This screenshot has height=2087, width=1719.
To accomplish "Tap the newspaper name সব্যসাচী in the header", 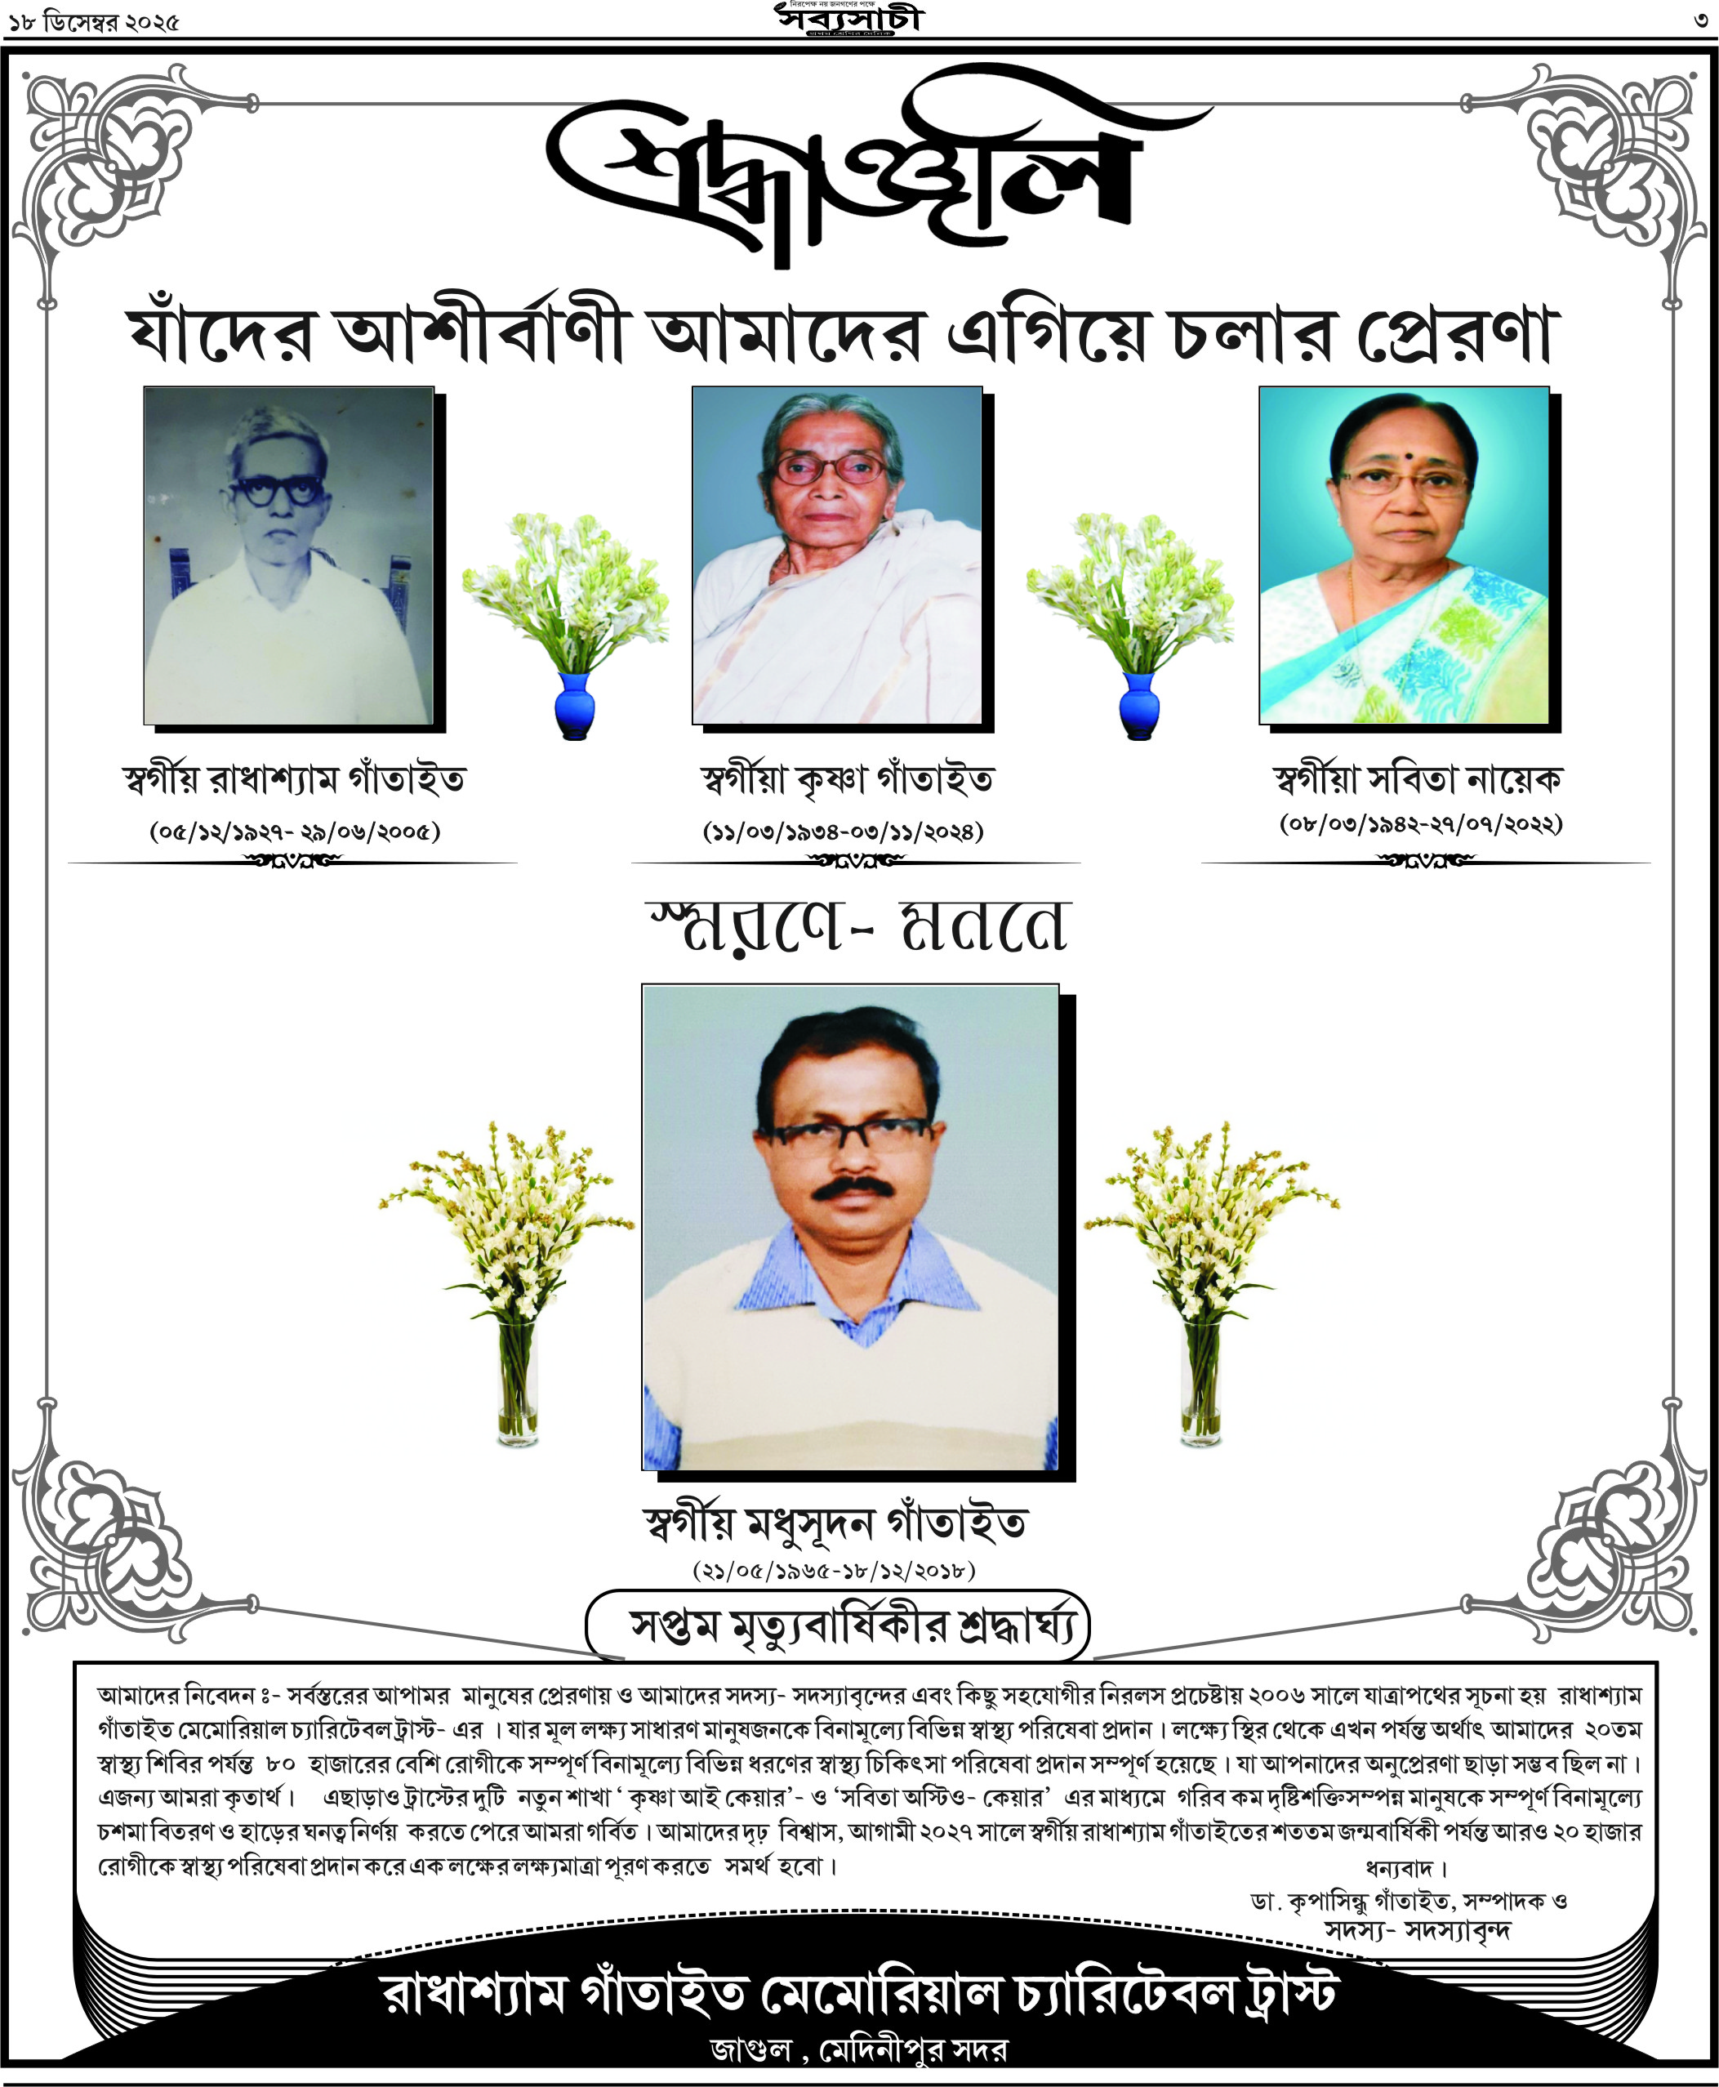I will [x=848, y=19].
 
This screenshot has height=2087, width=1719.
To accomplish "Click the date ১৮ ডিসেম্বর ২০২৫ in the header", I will [x=95, y=22].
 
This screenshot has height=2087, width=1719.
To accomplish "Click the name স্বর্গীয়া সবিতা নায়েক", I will [x=1417, y=779].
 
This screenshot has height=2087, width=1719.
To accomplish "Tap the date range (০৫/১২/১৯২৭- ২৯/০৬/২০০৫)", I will [x=295, y=830].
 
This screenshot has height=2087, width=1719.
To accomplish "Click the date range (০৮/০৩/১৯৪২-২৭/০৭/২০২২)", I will [x=1421, y=823].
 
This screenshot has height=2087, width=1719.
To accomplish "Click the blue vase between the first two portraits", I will [x=574, y=705].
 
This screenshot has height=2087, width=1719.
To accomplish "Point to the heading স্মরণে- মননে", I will [x=857, y=928].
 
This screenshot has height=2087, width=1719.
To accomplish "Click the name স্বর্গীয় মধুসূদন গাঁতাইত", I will [x=835, y=1523].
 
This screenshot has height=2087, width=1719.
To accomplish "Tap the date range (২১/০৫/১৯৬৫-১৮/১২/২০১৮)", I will [x=834, y=1569].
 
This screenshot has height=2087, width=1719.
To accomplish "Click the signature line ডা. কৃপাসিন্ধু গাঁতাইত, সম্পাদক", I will [x=1407, y=1901].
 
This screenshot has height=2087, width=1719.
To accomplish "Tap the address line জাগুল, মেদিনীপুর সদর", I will [x=857, y=2049].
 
